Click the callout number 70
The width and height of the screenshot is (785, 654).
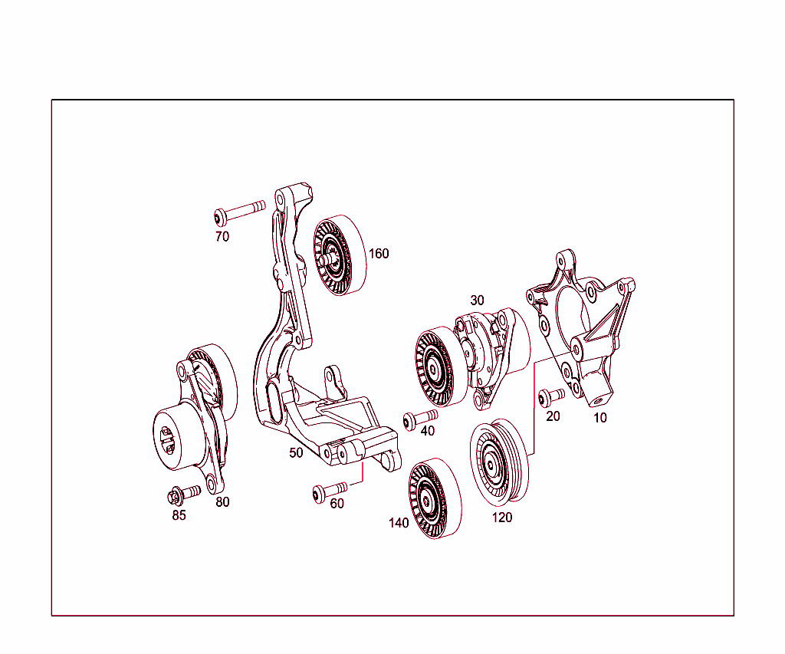click(222, 237)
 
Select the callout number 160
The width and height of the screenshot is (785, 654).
click(379, 254)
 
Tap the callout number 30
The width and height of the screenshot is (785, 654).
click(477, 301)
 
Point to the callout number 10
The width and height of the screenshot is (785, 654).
click(600, 418)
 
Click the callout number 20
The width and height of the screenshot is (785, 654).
click(553, 416)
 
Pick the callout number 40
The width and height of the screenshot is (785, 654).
click(428, 431)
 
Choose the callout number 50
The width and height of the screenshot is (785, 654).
click(296, 452)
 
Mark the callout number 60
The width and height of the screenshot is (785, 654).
click(337, 503)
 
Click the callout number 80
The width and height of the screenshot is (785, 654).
click(222, 502)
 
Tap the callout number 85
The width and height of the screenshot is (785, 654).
click(179, 515)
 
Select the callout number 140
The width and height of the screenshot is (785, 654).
click(399, 523)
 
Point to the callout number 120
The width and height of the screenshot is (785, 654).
click(502, 518)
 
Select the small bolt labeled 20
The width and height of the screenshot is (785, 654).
click(550, 396)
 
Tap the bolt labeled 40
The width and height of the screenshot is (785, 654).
click(420, 419)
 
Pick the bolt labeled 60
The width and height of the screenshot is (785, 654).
click(330, 491)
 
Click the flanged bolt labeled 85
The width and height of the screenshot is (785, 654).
click(184, 493)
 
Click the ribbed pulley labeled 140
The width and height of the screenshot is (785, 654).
click(435, 499)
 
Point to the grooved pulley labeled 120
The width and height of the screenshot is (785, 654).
click(498, 462)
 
